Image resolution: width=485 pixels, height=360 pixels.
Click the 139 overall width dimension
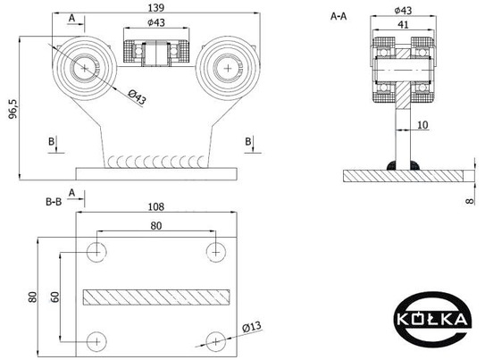[156, 8]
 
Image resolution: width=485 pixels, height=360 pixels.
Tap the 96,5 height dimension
[14, 109]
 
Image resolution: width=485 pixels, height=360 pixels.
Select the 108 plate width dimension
[156, 206]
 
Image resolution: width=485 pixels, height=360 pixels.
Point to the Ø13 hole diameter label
[252, 327]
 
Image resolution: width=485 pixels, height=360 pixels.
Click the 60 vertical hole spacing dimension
[54, 297]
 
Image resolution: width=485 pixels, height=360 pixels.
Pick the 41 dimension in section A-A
[403, 24]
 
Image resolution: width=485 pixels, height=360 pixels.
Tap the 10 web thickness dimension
[422, 125]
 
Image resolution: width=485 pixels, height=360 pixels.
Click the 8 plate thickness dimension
[470, 201]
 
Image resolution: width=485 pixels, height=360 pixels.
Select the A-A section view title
[339, 16]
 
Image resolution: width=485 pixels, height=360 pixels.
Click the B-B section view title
[54, 202]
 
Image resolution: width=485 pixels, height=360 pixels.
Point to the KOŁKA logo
[432, 319]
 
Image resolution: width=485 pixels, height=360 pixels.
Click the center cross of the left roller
[85, 68]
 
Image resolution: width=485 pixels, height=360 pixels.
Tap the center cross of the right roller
[228, 68]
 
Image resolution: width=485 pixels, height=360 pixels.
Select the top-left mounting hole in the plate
[96, 252]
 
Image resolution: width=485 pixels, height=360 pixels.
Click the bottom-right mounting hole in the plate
[215, 342]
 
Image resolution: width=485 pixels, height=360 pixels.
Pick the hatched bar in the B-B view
[156, 297]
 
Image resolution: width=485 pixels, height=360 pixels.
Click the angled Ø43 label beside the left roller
[137, 96]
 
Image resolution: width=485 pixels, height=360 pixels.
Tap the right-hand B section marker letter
[248, 142]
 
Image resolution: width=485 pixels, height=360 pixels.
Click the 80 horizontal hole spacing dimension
[156, 226]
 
